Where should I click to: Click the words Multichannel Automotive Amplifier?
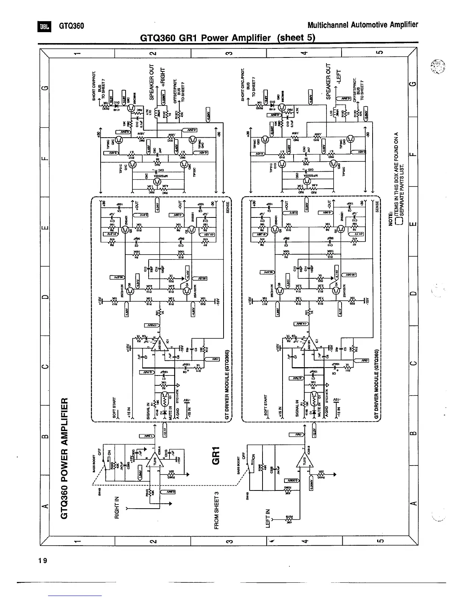[363, 25]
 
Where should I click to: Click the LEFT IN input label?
[269, 518]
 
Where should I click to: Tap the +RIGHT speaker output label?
[163, 81]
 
